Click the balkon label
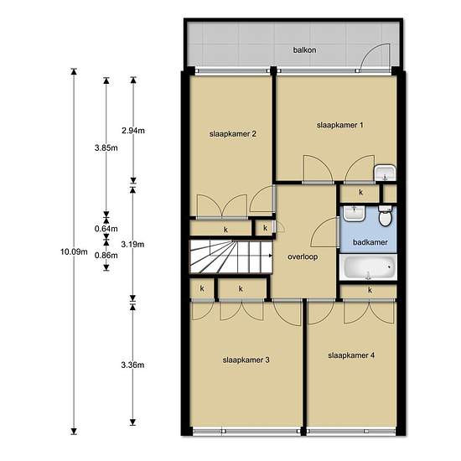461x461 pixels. point(304,50)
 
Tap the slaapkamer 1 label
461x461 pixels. point(339,125)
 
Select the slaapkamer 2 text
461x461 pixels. point(233,134)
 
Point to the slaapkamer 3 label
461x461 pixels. point(246,360)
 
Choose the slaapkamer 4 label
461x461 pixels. point(351,355)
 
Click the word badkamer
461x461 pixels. point(370,242)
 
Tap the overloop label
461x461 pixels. point(303,257)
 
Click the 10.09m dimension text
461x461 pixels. point(74,252)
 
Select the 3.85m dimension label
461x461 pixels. point(106,148)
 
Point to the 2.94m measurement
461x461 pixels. point(133,131)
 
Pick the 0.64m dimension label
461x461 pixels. point(106,229)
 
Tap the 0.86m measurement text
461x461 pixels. point(106,256)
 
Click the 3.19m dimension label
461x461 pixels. point(133,244)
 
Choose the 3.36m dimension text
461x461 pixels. point(133,365)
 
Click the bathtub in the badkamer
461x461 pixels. point(368,267)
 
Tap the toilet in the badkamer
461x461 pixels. point(386,216)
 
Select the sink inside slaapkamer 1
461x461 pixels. point(385,173)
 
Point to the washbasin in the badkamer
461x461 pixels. point(355,214)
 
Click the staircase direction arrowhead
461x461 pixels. point(271,256)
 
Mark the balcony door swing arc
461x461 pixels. point(370,50)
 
